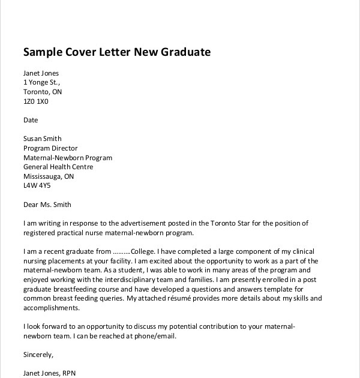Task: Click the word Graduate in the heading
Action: click(x=186, y=52)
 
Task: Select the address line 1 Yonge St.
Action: click(x=41, y=83)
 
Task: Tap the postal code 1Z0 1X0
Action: click(x=35, y=101)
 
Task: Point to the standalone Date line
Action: click(x=31, y=120)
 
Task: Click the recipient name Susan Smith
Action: click(x=43, y=139)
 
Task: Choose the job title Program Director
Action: click(x=50, y=148)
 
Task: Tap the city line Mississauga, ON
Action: click(x=49, y=176)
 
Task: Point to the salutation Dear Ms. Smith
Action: click(x=47, y=205)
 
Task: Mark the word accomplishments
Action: click(x=52, y=308)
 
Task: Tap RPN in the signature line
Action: click(x=68, y=373)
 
